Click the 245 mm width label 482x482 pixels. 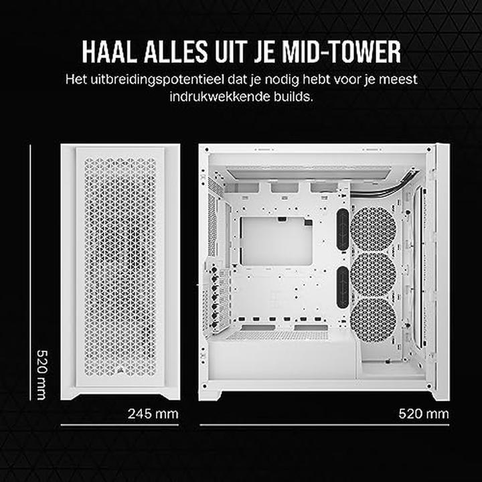(x=153, y=413)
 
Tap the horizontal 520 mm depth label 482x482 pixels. (x=423, y=413)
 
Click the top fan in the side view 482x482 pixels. (x=374, y=228)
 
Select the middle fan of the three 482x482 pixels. (x=374, y=274)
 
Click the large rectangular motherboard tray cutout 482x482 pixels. (x=276, y=240)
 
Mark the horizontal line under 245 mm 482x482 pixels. (x=120, y=425)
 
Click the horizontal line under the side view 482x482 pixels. (x=324, y=425)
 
